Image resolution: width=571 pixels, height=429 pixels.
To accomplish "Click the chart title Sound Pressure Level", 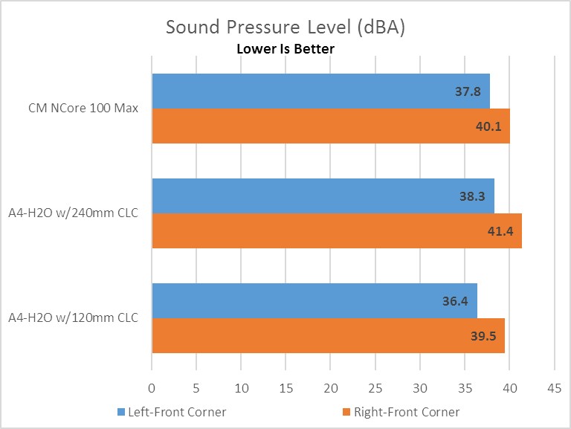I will coord(285,28).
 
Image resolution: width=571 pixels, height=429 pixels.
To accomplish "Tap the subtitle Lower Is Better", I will coord(285,49).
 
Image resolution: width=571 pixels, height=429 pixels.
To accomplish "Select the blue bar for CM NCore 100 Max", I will coord(320,91).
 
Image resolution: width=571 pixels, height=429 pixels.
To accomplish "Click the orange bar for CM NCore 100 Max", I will coord(331,126).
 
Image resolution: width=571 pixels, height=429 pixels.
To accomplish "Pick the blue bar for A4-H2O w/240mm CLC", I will coord(323,196).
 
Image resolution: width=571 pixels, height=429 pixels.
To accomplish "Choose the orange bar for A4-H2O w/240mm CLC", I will coord(337,230).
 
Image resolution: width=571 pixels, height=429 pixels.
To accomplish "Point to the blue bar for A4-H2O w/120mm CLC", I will coord(314,300).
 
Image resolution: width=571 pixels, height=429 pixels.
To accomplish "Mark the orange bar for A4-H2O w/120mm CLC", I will coord(328,335).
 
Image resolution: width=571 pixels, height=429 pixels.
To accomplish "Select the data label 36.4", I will coord(457,301).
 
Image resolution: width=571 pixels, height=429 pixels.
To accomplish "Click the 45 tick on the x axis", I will coord(555,387).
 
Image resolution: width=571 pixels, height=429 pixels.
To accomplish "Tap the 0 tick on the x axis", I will coord(152,387).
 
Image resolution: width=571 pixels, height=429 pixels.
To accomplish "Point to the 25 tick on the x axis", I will coord(375,387).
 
